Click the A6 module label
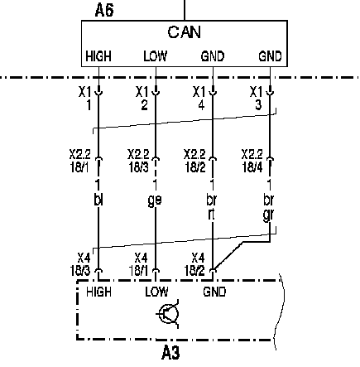click(x=104, y=11)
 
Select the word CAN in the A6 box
click(x=184, y=32)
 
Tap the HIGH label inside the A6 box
click(x=98, y=56)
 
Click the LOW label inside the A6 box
click(x=156, y=56)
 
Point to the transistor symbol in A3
click(x=168, y=314)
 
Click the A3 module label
click(x=170, y=352)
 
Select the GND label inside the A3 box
click(x=214, y=292)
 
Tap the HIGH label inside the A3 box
click(x=98, y=292)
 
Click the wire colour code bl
click(x=98, y=200)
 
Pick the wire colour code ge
click(x=155, y=200)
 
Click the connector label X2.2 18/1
click(x=80, y=161)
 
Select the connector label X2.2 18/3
click(x=138, y=161)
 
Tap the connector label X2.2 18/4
click(x=252, y=161)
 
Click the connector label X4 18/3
click(x=80, y=264)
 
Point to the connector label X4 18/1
click(x=138, y=264)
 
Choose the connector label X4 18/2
click(x=194, y=264)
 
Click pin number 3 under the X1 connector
click(x=258, y=105)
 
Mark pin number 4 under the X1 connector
click(x=201, y=105)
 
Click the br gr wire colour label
click(x=268, y=207)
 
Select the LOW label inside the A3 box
click(x=156, y=292)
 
